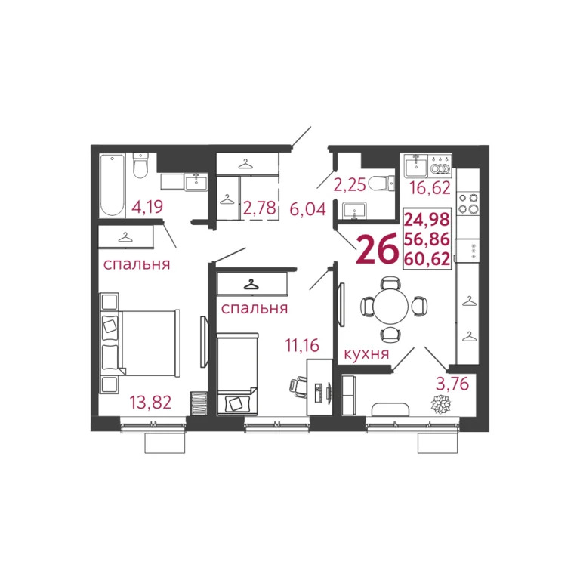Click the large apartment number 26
coord(376,250)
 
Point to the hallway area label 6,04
coord(307,208)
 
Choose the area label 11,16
coord(302,347)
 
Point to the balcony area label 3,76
coord(451,384)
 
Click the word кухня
coord(366,353)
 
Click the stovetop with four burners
coord(468,202)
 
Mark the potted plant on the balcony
coord(440,405)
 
